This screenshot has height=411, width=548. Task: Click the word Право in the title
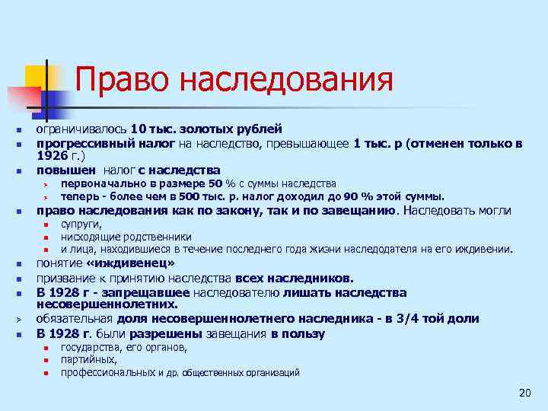122,80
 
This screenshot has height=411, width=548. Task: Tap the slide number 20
524,392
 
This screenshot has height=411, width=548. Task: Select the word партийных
89,360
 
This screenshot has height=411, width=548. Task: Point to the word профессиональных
110,373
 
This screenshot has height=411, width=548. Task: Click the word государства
91,348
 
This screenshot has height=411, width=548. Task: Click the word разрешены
161,333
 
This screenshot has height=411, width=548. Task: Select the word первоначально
97,183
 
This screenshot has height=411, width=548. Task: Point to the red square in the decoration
21,98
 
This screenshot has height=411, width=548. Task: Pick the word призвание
67,279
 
